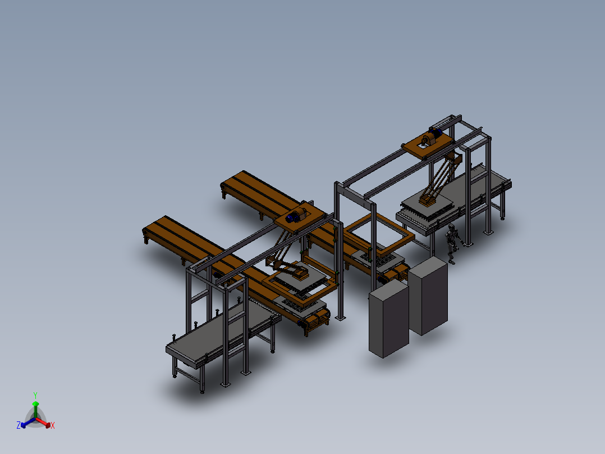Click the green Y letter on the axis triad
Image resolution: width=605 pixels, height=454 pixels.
coord(35,395)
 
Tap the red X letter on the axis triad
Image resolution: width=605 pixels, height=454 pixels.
coord(53,425)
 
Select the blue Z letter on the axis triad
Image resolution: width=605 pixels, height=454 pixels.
coord(18,425)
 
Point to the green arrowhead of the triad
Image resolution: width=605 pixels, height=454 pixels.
coord(35,404)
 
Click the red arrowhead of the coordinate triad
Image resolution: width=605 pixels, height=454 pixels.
coord(48,425)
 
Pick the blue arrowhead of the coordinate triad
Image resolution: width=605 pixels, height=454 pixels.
coord(24,425)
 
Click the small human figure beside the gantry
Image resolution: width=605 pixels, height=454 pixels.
coord(452,243)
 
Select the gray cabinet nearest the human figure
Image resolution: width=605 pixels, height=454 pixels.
coord(428,295)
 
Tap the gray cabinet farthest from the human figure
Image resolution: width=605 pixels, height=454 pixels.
coord(388,319)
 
